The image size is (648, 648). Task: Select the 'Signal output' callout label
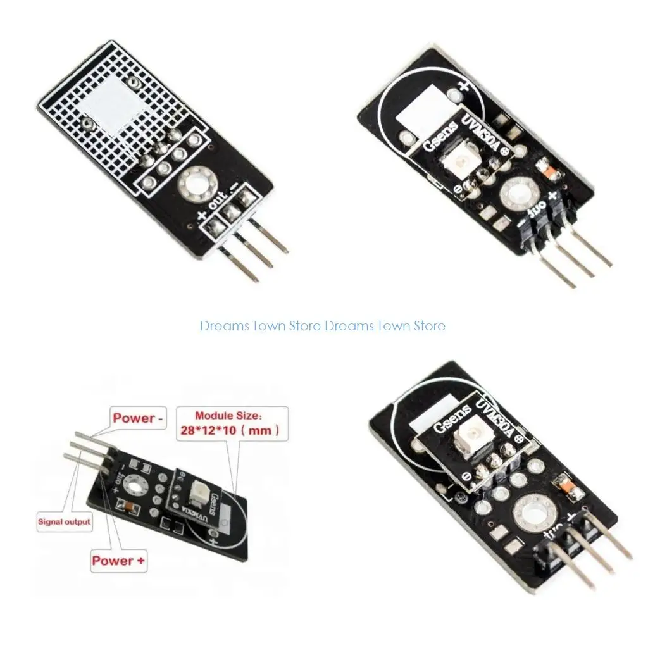pyautogui.click(x=65, y=522)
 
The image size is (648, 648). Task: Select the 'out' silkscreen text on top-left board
pyautogui.click(x=216, y=204)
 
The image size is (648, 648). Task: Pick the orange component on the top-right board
pyautogui.click(x=543, y=168)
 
